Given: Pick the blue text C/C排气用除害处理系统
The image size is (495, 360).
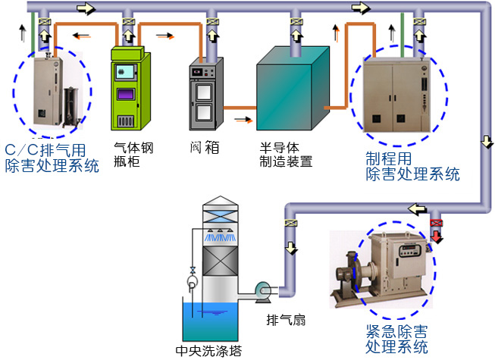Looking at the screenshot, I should click(x=52, y=158).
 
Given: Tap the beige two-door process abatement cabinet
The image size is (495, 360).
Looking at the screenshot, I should click(x=394, y=95).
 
